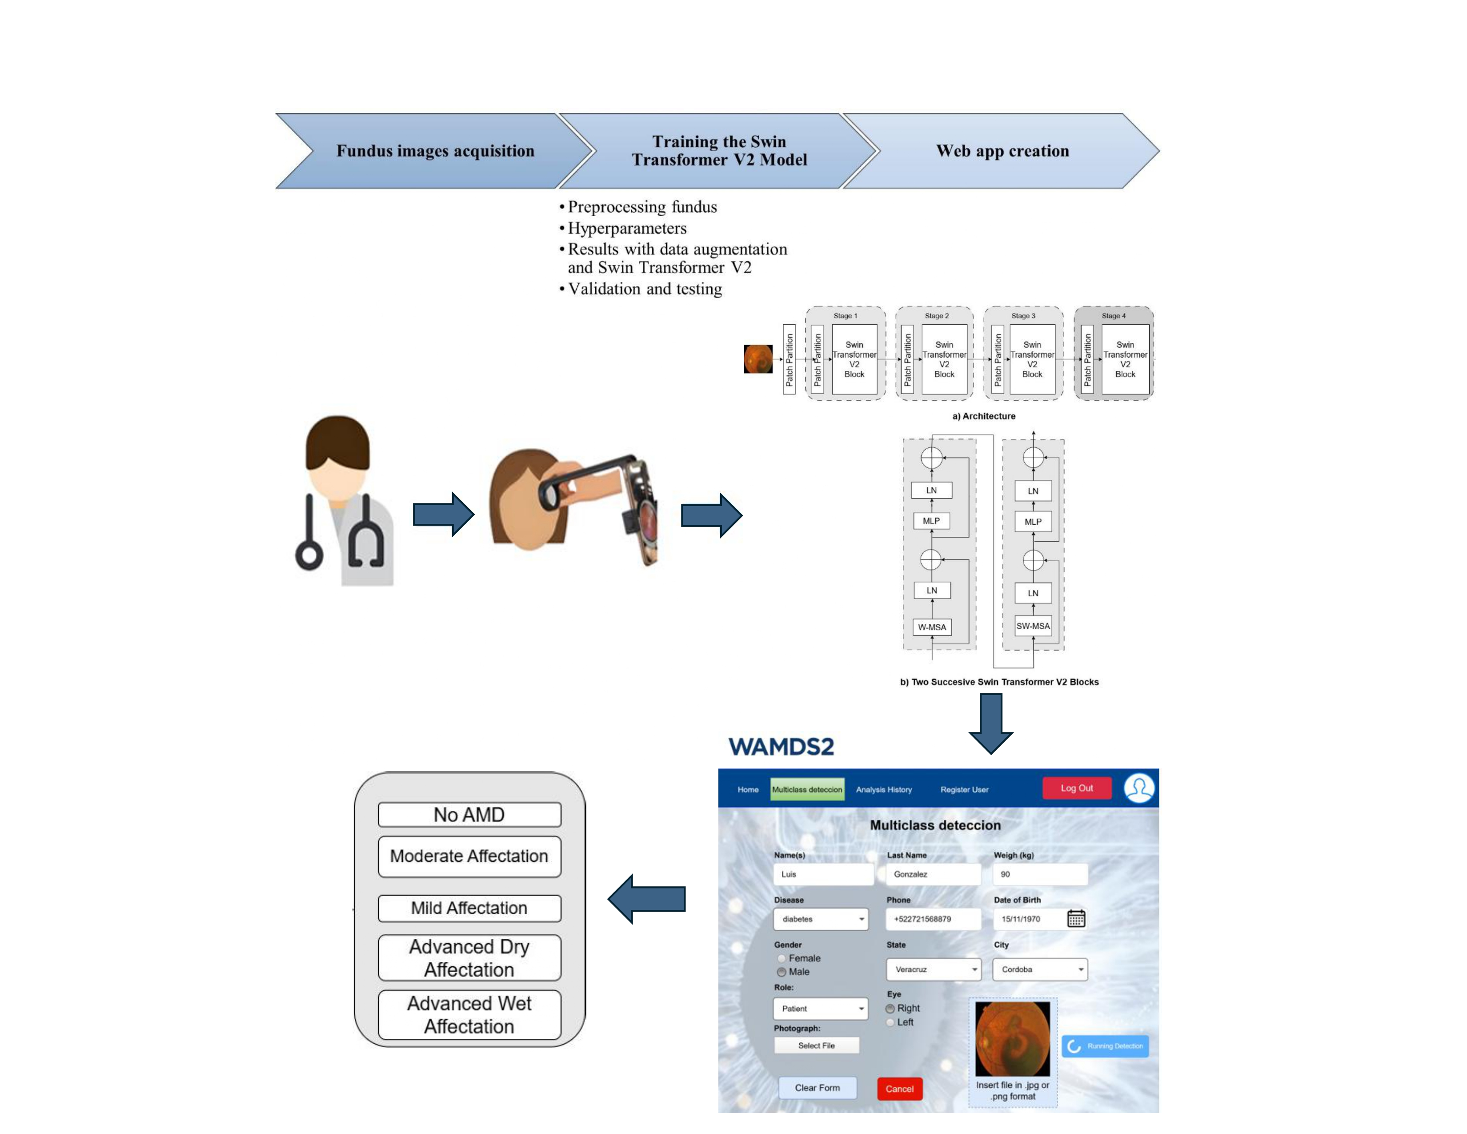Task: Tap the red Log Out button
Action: [1076, 788]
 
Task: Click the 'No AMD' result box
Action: [469, 815]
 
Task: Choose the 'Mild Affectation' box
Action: [469, 908]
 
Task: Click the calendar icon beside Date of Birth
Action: [1076, 918]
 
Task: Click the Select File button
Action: [816, 1046]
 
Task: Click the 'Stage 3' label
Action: [1023, 316]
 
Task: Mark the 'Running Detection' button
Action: [1105, 1046]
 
